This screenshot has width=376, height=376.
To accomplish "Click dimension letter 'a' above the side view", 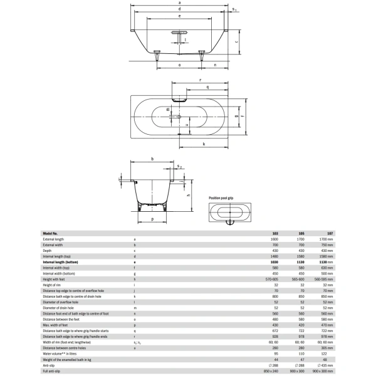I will pyautogui.click(x=179, y=3).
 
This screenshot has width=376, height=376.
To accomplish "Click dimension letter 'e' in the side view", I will pyautogui.click(x=179, y=18).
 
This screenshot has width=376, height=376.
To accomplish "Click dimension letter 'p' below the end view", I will pyautogui.click(x=152, y=219).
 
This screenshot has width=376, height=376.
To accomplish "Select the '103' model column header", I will pyautogui.click(x=275, y=234).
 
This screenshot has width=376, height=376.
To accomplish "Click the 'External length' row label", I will pyautogui.click(x=53, y=239).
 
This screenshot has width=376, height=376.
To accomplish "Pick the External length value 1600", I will pyautogui.click(x=274, y=239).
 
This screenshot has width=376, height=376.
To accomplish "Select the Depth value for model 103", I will pyautogui.click(x=275, y=251).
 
